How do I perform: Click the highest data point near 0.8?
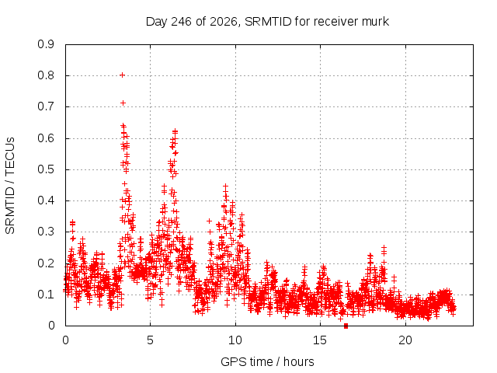(x=122, y=75)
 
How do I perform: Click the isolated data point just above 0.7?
(x=123, y=103)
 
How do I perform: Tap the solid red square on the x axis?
(x=346, y=326)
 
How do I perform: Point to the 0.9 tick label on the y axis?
(x=46, y=44)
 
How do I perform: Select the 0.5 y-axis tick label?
(x=46, y=169)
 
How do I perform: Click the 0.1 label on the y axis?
(x=46, y=295)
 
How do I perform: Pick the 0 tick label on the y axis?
(x=51, y=326)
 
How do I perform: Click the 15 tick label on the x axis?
(x=320, y=340)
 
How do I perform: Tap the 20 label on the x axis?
(x=405, y=340)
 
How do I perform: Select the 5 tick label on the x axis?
(x=150, y=340)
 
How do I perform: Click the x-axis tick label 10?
(x=235, y=340)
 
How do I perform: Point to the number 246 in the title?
(x=181, y=22)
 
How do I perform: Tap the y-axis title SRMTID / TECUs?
(x=10, y=186)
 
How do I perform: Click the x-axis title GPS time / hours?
(x=267, y=362)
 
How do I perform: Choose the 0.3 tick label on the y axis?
(x=46, y=232)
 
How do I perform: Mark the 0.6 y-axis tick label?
(x=46, y=138)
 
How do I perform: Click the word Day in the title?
(x=156, y=22)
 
